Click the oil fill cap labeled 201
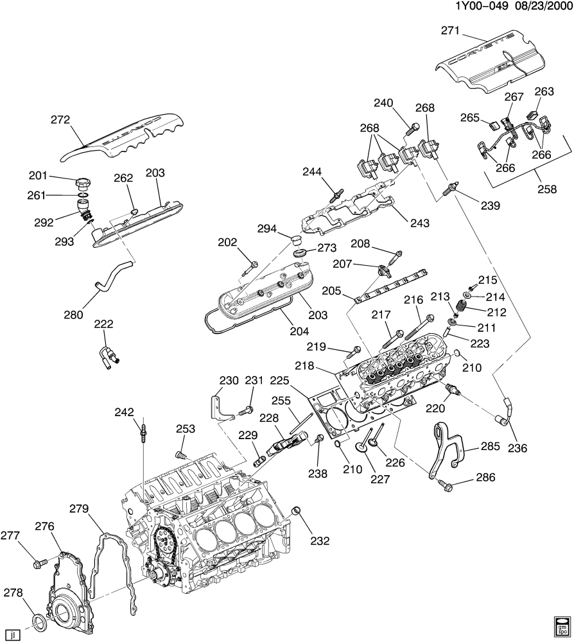point(83,180)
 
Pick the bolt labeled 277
point(39,565)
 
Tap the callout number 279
point(78,509)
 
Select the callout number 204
point(299,332)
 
